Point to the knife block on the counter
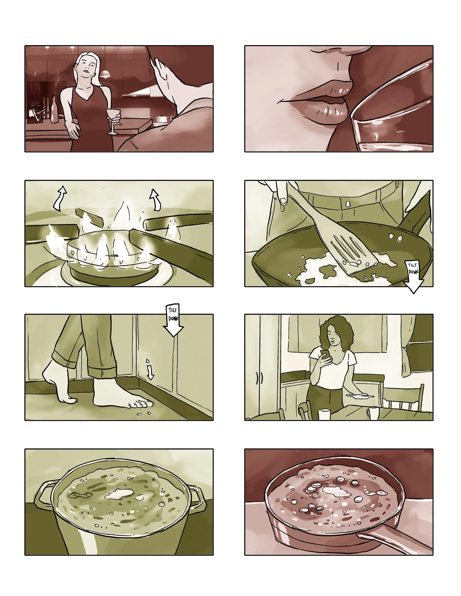click(37, 113)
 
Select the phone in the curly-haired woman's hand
click(325, 355)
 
